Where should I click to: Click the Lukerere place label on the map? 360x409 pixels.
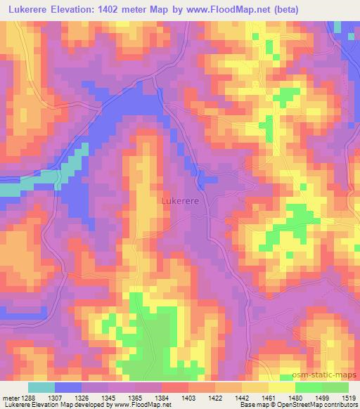[179, 200]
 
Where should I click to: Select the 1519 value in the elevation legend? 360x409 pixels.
[349, 397]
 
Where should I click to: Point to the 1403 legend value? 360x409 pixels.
[188, 397]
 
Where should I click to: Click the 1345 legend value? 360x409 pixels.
[108, 397]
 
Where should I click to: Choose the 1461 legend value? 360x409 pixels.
[269, 397]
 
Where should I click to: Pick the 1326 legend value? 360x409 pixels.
[82, 397]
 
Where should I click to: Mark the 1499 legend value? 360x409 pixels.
[322, 397]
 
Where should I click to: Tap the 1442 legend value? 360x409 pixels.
[242, 397]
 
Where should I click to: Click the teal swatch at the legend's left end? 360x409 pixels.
[41, 387]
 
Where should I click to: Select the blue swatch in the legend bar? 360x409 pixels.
[68, 387]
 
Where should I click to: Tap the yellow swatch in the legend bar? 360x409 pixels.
[282, 387]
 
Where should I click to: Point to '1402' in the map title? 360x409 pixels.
[117, 10]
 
